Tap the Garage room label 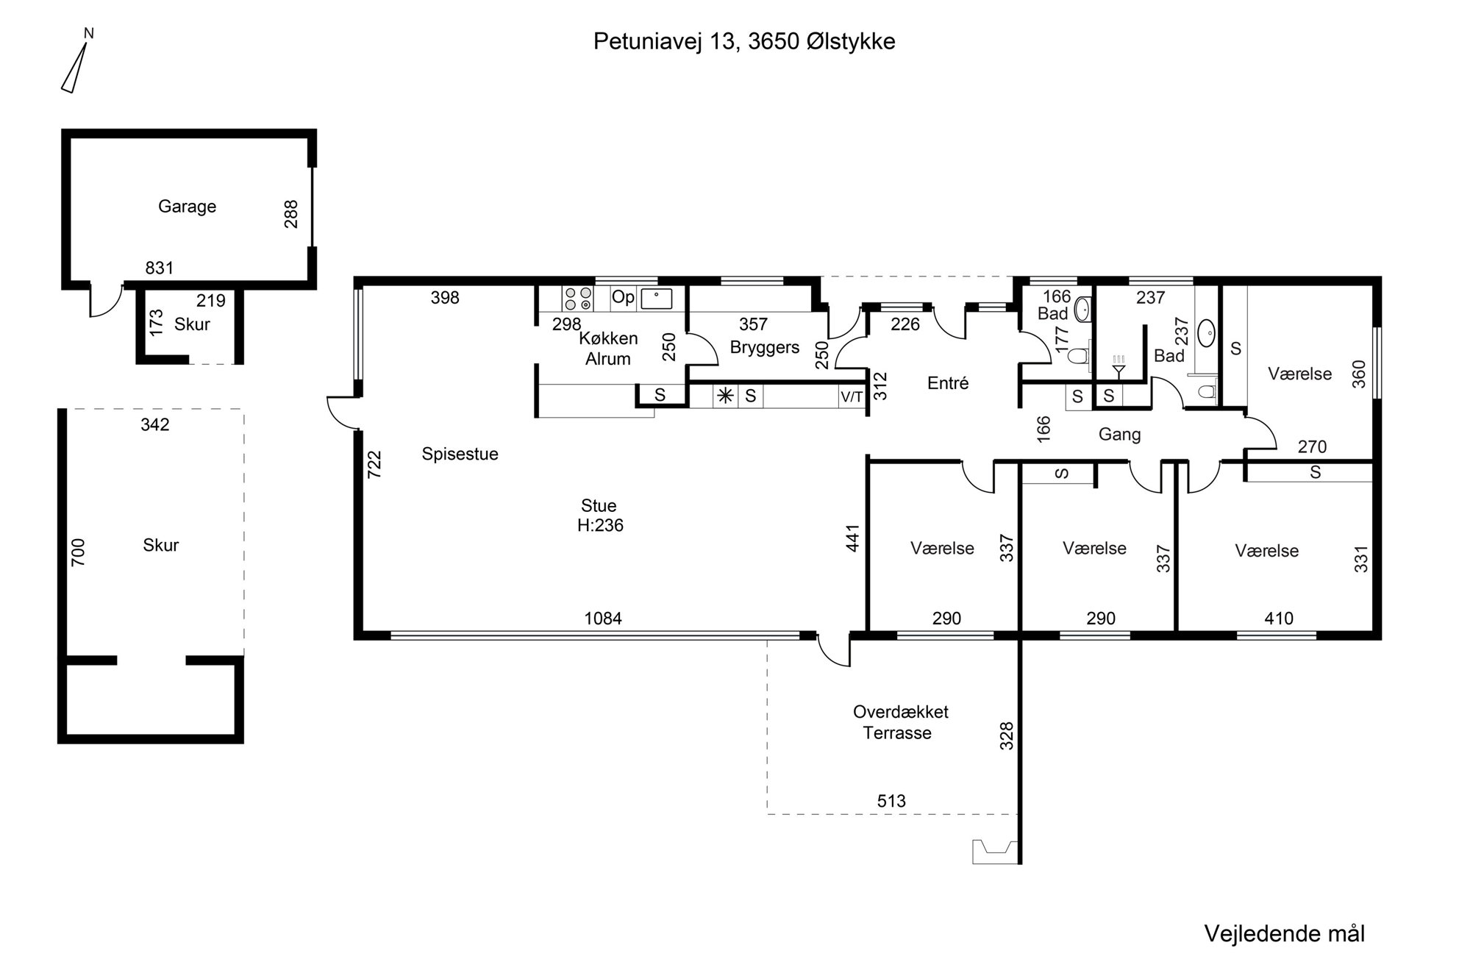coord(187,207)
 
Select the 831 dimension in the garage coord(159,268)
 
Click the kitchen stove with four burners coord(577,298)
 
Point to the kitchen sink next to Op coord(657,298)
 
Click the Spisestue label coord(460,454)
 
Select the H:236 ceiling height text coord(600,525)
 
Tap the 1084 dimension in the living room coord(603,619)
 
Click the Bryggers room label coord(765,347)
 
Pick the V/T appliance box coord(852,397)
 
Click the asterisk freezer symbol coord(725,396)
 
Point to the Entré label coord(948,383)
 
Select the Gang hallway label coord(1119,435)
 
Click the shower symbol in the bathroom coord(1119,366)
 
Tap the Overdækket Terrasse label coord(900,722)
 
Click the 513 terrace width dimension coord(891,801)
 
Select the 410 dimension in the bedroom coord(1279,619)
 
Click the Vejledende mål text coord(1284,933)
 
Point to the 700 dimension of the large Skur coord(78,552)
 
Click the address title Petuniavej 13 coord(665,42)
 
